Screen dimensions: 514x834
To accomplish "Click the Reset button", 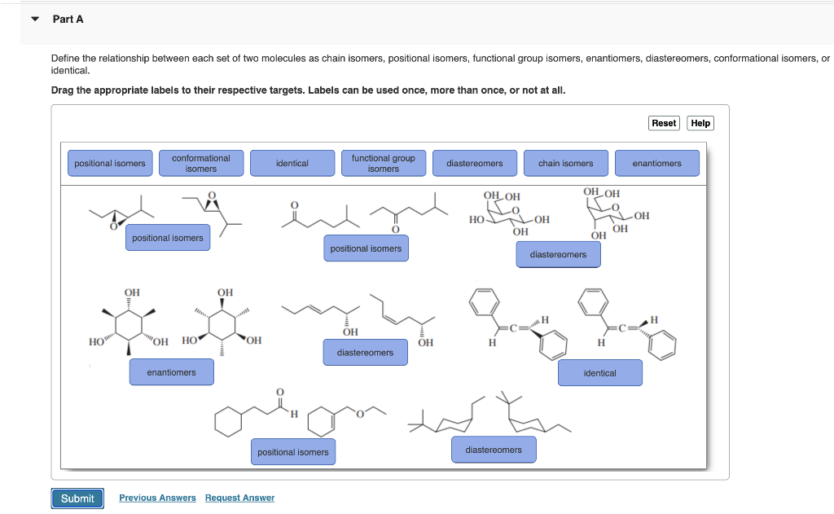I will click(x=664, y=123).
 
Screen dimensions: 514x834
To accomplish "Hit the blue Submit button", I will click(x=77, y=499).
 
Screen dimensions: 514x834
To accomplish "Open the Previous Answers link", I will click(x=157, y=498).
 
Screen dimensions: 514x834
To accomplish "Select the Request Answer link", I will click(x=239, y=498).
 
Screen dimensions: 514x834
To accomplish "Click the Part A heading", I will click(x=68, y=19).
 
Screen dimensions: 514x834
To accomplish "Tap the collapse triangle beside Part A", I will click(x=35, y=19).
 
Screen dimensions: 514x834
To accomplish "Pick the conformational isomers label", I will click(x=201, y=163).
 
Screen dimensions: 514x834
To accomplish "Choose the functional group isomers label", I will click(x=383, y=163).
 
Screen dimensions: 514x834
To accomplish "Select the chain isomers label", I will click(x=565, y=163).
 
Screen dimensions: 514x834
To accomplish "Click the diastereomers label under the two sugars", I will click(x=558, y=255).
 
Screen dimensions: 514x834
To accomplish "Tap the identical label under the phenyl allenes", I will click(x=599, y=373).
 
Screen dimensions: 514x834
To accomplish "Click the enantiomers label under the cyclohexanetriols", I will click(x=171, y=372).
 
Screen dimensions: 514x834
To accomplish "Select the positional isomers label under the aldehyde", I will click(x=292, y=452).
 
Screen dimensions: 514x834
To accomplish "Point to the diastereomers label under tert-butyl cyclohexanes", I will click(x=494, y=450).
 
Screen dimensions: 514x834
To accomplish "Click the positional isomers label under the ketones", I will click(x=365, y=248).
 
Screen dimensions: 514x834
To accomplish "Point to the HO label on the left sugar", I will click(x=477, y=220).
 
